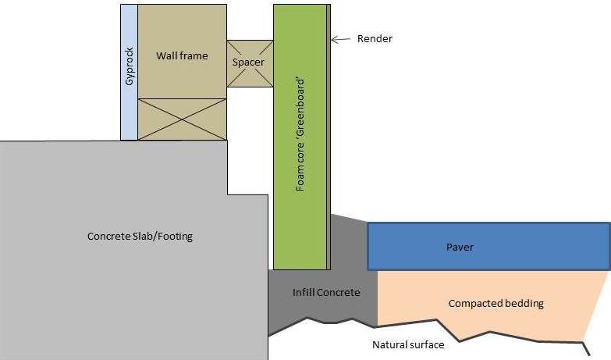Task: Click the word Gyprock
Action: click(129, 70)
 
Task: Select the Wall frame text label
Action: click(182, 55)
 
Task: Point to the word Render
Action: click(375, 39)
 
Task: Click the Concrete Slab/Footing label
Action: click(140, 236)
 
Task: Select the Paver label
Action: click(460, 248)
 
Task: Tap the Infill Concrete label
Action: click(326, 293)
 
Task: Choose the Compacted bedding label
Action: click(496, 303)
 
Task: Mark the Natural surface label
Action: click(408, 344)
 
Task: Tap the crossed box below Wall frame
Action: click(182, 119)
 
